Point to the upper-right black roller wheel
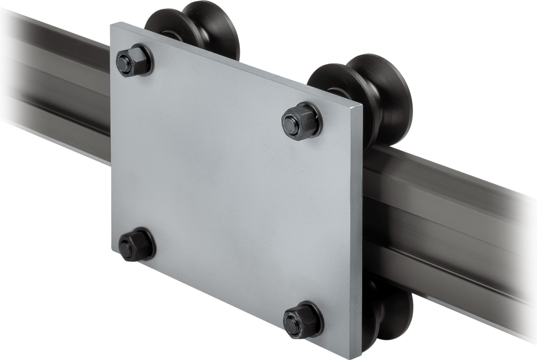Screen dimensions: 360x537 pos(367,100)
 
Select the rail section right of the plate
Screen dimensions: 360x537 pos(451,220)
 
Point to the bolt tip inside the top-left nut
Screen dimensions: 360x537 pos(126,59)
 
